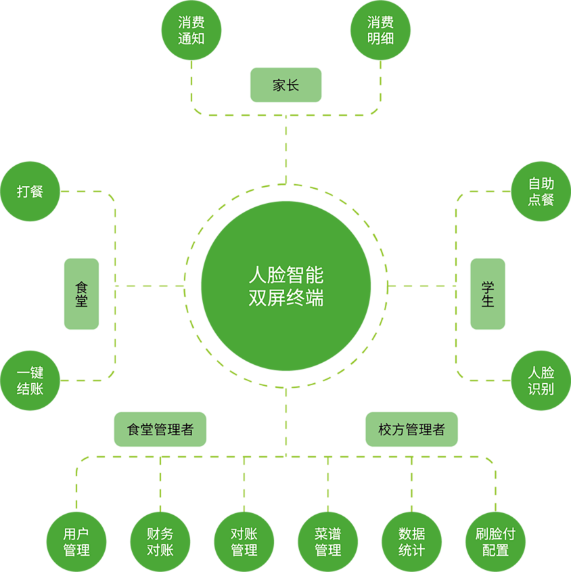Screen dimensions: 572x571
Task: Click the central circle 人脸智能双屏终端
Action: click(285, 286)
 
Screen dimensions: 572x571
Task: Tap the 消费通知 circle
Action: click(191, 30)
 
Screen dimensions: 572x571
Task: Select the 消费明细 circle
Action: click(380, 30)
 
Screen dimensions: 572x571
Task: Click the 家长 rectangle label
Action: click(285, 85)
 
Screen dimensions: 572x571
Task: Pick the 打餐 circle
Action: click(30, 192)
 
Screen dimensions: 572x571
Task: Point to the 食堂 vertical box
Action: click(81, 294)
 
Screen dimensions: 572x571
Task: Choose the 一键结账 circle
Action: click(30, 380)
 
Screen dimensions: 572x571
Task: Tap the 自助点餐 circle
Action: click(541, 192)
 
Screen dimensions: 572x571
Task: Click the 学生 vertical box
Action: click(487, 294)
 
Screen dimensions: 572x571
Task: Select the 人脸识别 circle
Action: click(541, 380)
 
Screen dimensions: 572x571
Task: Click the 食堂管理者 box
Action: click(160, 429)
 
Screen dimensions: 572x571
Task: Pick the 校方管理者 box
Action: click(411, 429)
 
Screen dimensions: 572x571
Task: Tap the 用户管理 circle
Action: click(76, 542)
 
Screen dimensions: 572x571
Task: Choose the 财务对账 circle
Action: click(160, 542)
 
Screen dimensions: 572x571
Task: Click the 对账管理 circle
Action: click(244, 542)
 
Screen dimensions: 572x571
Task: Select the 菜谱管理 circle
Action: click(328, 542)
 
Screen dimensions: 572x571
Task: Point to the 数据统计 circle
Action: click(411, 542)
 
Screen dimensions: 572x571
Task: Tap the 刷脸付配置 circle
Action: click(496, 542)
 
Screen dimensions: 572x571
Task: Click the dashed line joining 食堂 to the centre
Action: click(149, 286)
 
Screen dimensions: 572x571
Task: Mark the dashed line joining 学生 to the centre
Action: click(426, 286)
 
